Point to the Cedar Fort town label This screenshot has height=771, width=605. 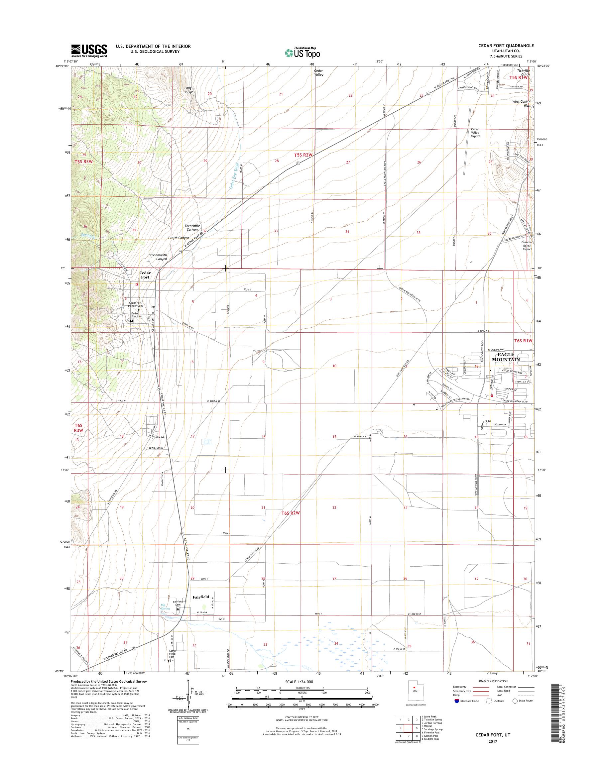pos(145,275)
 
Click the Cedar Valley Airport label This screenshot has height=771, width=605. pos(475,133)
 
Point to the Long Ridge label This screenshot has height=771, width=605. pos(189,90)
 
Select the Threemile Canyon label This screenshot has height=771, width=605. pos(192,227)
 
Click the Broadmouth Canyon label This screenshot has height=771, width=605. pos(158,257)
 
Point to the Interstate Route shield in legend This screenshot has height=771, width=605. pos(456,701)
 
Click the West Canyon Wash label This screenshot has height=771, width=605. pos(522,103)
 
